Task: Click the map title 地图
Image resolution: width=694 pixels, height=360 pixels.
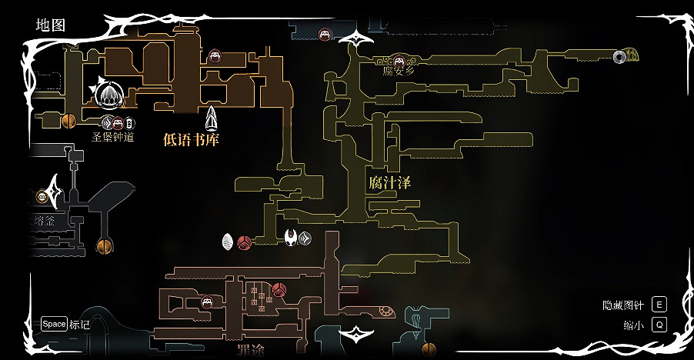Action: coord(51,25)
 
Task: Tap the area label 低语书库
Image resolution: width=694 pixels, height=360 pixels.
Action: coord(192,138)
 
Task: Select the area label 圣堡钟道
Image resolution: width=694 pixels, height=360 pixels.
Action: coord(113,137)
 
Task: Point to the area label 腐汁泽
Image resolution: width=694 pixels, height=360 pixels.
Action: coord(389,182)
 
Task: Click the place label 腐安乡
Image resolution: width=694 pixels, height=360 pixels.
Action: coord(399,72)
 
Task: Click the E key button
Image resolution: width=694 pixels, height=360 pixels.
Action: coord(659,305)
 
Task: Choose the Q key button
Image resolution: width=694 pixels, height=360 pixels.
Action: coord(659,325)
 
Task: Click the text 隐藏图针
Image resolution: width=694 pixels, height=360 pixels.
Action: coord(623,305)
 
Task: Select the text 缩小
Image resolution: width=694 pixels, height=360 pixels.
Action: coord(633,325)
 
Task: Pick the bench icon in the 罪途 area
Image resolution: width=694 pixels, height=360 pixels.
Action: coord(207,302)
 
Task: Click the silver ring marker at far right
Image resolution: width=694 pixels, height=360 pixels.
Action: coord(619,55)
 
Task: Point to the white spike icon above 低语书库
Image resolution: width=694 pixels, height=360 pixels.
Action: coord(212,118)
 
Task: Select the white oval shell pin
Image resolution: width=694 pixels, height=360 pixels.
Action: coord(228,242)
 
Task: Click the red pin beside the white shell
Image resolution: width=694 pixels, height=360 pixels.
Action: coord(245,243)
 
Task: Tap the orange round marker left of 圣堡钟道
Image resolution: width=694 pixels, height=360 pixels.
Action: coord(68,121)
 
